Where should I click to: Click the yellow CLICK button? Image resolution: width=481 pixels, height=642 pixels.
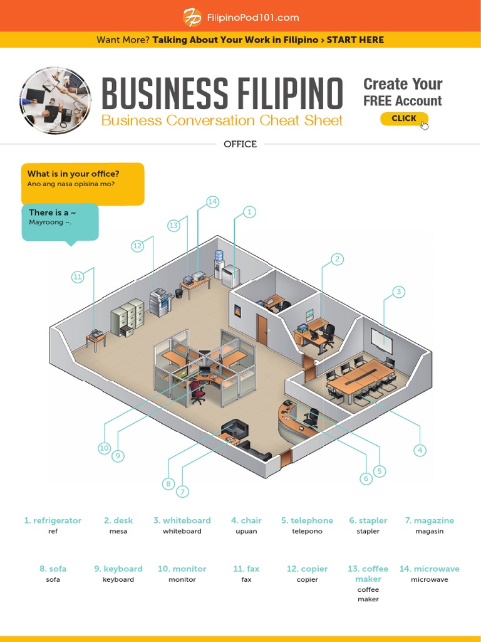[404, 118]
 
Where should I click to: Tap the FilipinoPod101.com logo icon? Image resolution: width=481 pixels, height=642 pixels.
[192, 18]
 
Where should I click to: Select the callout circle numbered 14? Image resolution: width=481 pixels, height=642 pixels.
[213, 201]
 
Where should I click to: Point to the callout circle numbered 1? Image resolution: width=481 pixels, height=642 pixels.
[249, 212]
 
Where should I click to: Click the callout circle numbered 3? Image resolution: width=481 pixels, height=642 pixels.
[398, 292]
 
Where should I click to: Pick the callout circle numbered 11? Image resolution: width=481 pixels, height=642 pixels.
[78, 276]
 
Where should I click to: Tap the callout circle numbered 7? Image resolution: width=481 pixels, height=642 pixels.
[182, 492]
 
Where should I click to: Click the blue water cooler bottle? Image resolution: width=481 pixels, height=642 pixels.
[219, 256]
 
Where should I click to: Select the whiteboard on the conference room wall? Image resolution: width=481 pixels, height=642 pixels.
[381, 340]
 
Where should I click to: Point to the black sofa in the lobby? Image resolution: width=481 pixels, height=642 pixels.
[235, 429]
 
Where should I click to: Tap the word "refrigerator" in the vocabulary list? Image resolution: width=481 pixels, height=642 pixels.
[57, 520]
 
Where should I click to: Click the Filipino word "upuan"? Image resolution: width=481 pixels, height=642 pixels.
[247, 531]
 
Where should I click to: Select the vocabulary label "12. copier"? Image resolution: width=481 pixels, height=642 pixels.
[307, 569]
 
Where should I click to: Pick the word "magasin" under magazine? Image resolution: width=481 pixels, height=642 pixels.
[429, 531]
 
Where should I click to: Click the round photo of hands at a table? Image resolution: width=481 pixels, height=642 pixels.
[55, 100]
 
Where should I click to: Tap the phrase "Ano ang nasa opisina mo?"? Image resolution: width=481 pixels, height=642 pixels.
[71, 184]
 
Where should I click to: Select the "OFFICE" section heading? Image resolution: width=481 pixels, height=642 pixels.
[240, 144]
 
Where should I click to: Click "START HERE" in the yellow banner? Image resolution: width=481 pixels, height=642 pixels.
[355, 39]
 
